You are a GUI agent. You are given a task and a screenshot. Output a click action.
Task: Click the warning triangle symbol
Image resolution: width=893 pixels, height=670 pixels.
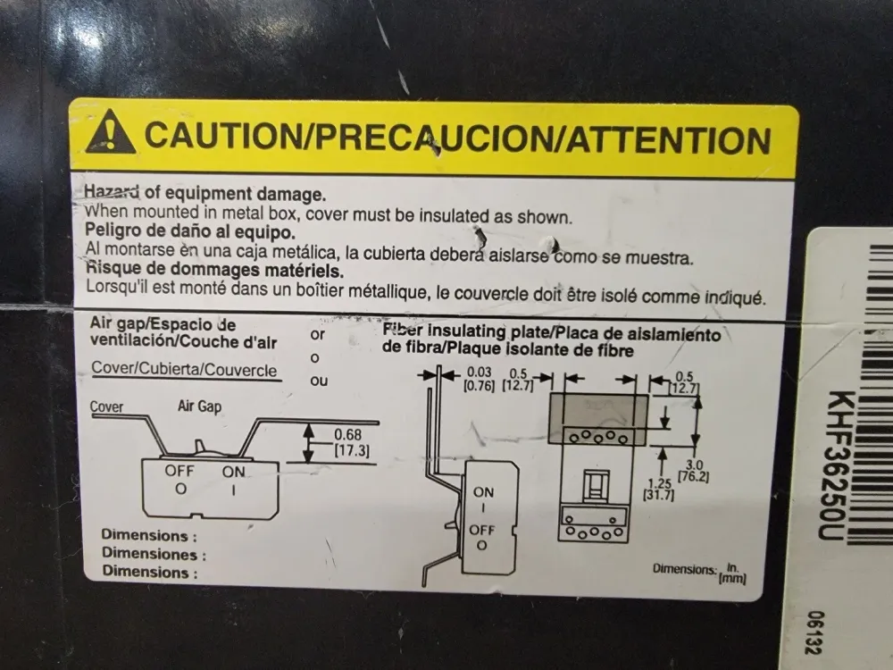click(111, 132)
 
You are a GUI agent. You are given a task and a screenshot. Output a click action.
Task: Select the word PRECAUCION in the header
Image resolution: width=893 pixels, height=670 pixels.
click(434, 138)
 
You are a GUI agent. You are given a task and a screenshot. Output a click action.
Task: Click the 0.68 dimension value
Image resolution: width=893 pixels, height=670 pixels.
click(347, 435)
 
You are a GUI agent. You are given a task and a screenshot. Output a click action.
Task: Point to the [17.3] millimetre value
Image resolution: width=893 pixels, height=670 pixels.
click(351, 450)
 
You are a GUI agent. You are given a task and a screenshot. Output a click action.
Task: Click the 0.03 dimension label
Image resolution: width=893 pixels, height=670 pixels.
click(479, 372)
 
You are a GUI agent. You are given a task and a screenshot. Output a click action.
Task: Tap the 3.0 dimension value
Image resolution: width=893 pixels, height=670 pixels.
click(694, 465)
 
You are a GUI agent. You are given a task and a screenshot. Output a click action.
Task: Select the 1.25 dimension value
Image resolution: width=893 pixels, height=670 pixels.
click(659, 484)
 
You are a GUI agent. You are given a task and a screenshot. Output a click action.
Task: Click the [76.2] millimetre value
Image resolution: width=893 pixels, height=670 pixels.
click(693, 476)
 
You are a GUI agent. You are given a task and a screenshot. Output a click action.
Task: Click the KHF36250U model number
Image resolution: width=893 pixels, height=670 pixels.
click(838, 465)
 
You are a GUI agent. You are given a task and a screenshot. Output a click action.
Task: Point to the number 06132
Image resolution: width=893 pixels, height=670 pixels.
click(817, 633)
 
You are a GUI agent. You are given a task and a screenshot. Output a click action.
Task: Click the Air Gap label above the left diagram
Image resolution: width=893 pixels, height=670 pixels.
click(199, 406)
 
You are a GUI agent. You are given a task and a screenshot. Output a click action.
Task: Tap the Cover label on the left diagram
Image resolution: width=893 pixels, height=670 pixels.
click(106, 406)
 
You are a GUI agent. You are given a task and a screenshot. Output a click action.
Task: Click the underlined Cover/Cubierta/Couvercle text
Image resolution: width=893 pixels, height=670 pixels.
click(184, 369)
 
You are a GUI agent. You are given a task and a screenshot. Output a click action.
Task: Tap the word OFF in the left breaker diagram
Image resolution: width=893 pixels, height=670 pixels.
click(179, 471)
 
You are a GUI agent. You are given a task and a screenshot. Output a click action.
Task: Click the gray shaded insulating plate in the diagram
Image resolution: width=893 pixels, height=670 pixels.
click(598, 419)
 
